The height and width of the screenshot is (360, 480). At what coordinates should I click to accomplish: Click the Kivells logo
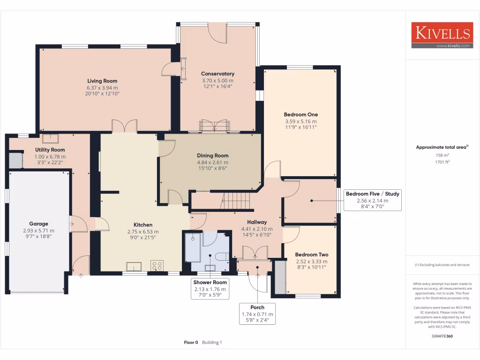[441, 35]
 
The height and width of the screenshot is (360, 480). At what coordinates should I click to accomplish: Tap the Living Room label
[102, 81]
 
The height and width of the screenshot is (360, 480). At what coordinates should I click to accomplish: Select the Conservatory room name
[217, 74]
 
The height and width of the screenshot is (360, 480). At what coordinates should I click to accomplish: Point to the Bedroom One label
[300, 114]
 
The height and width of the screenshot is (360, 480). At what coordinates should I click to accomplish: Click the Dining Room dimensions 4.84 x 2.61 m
[212, 162]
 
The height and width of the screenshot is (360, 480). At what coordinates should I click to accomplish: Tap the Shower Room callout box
[210, 289]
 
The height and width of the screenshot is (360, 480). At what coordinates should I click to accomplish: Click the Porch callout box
[257, 314]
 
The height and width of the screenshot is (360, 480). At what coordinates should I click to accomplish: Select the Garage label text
[38, 224]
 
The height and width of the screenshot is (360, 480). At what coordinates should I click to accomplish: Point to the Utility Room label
[50, 150]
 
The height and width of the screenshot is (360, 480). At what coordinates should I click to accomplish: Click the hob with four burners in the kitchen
[157, 266]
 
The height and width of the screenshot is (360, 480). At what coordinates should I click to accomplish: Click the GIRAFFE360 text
[442, 336]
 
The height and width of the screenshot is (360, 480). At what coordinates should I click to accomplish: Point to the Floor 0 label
[192, 343]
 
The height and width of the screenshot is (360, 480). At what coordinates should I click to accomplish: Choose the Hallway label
[257, 222]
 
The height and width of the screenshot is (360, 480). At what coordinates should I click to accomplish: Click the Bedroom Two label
[312, 255]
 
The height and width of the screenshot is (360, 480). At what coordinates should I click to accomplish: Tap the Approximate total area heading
[442, 147]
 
